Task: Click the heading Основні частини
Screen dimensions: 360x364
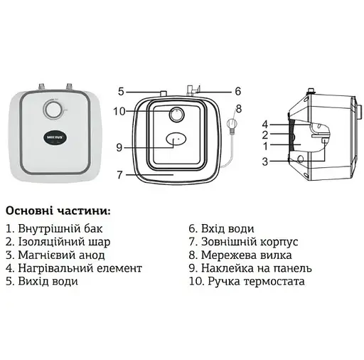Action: (x=58, y=211)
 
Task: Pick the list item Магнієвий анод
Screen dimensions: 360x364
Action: (x=55, y=255)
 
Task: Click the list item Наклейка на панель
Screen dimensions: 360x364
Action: (x=245, y=268)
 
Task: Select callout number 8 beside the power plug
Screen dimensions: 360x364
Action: (x=239, y=109)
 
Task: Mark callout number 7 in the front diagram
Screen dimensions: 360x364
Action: (x=120, y=174)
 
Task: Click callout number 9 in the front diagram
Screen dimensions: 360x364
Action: (x=119, y=147)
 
